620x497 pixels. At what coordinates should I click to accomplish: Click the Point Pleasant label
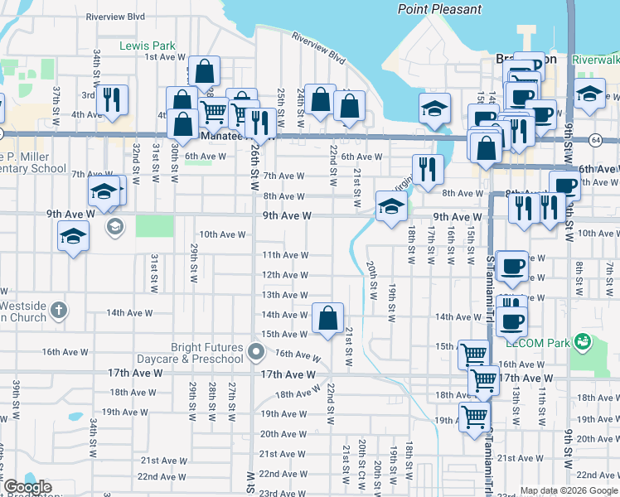[x=439, y=9]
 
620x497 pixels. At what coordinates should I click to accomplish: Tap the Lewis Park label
[x=145, y=45]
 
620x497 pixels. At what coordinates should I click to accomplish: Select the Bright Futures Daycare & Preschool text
[x=208, y=353]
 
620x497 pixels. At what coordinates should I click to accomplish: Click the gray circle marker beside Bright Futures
[x=257, y=354]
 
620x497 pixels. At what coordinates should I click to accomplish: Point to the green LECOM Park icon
[x=583, y=340]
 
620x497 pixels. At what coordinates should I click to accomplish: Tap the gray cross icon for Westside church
[x=57, y=310]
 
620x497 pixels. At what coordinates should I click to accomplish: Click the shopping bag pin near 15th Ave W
[x=328, y=317]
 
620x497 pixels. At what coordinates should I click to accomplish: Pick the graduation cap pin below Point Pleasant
[x=434, y=109]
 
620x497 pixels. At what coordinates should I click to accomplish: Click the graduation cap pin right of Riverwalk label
[x=589, y=93]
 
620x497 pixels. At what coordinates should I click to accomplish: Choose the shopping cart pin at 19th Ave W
[x=474, y=416]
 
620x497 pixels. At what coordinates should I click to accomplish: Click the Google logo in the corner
[x=27, y=487]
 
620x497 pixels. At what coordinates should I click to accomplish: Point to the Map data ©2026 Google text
[x=569, y=490]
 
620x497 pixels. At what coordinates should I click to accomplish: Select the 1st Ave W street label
[x=163, y=57]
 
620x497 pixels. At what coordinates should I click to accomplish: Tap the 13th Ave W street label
[x=284, y=295]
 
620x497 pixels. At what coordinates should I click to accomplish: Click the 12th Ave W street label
[x=284, y=275]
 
